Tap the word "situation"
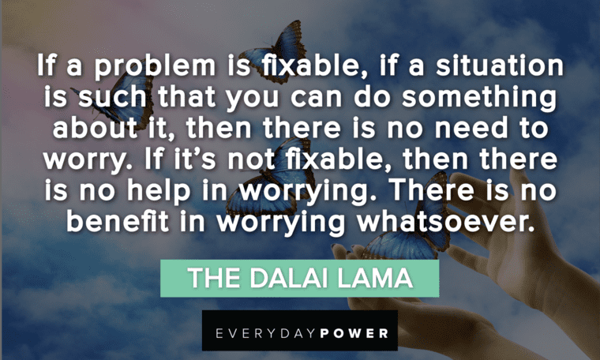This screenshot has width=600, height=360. (x=500, y=65)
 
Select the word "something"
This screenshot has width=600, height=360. (x=479, y=98)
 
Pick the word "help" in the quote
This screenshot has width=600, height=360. (x=159, y=190)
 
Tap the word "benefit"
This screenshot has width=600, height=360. (x=118, y=221)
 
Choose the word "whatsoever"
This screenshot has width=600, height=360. (x=445, y=222)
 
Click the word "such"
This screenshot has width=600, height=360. (x=112, y=96)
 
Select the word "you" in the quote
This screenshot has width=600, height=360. (x=253, y=99)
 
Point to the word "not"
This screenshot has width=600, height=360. (x=251, y=159)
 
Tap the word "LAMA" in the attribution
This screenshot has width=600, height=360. (x=375, y=278)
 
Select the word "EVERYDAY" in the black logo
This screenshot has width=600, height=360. (x=266, y=333)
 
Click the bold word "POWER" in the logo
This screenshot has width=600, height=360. (x=354, y=333)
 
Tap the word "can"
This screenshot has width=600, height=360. (x=316, y=98)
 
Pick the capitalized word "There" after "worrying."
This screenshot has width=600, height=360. (x=431, y=189)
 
